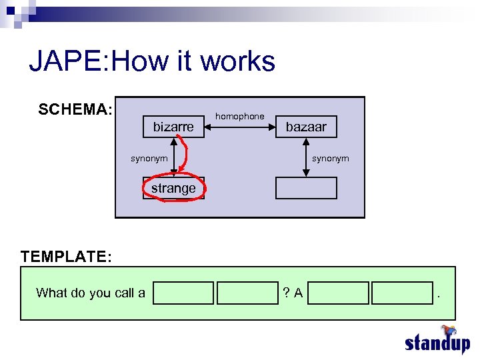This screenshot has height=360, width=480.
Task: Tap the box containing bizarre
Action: [173, 127]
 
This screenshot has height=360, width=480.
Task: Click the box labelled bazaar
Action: [306, 127]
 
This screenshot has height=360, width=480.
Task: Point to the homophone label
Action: [239, 116]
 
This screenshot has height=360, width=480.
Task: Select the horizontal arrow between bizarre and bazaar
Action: [239, 126]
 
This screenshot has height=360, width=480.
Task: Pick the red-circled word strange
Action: [173, 188]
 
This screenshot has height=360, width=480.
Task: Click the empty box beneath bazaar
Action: [306, 188]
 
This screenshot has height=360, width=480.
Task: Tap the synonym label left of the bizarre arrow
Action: [149, 159]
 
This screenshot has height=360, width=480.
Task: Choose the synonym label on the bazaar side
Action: [331, 159]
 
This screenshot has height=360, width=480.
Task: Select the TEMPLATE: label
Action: [66, 257]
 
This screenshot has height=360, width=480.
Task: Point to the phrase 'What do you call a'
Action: [91, 293]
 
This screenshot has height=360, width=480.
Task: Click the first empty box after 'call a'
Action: [183, 293]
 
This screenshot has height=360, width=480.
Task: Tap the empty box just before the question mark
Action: [247, 293]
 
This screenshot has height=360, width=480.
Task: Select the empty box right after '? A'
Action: [338, 293]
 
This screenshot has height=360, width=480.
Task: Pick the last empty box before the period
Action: [402, 293]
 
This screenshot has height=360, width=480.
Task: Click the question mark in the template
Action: [285, 293]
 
